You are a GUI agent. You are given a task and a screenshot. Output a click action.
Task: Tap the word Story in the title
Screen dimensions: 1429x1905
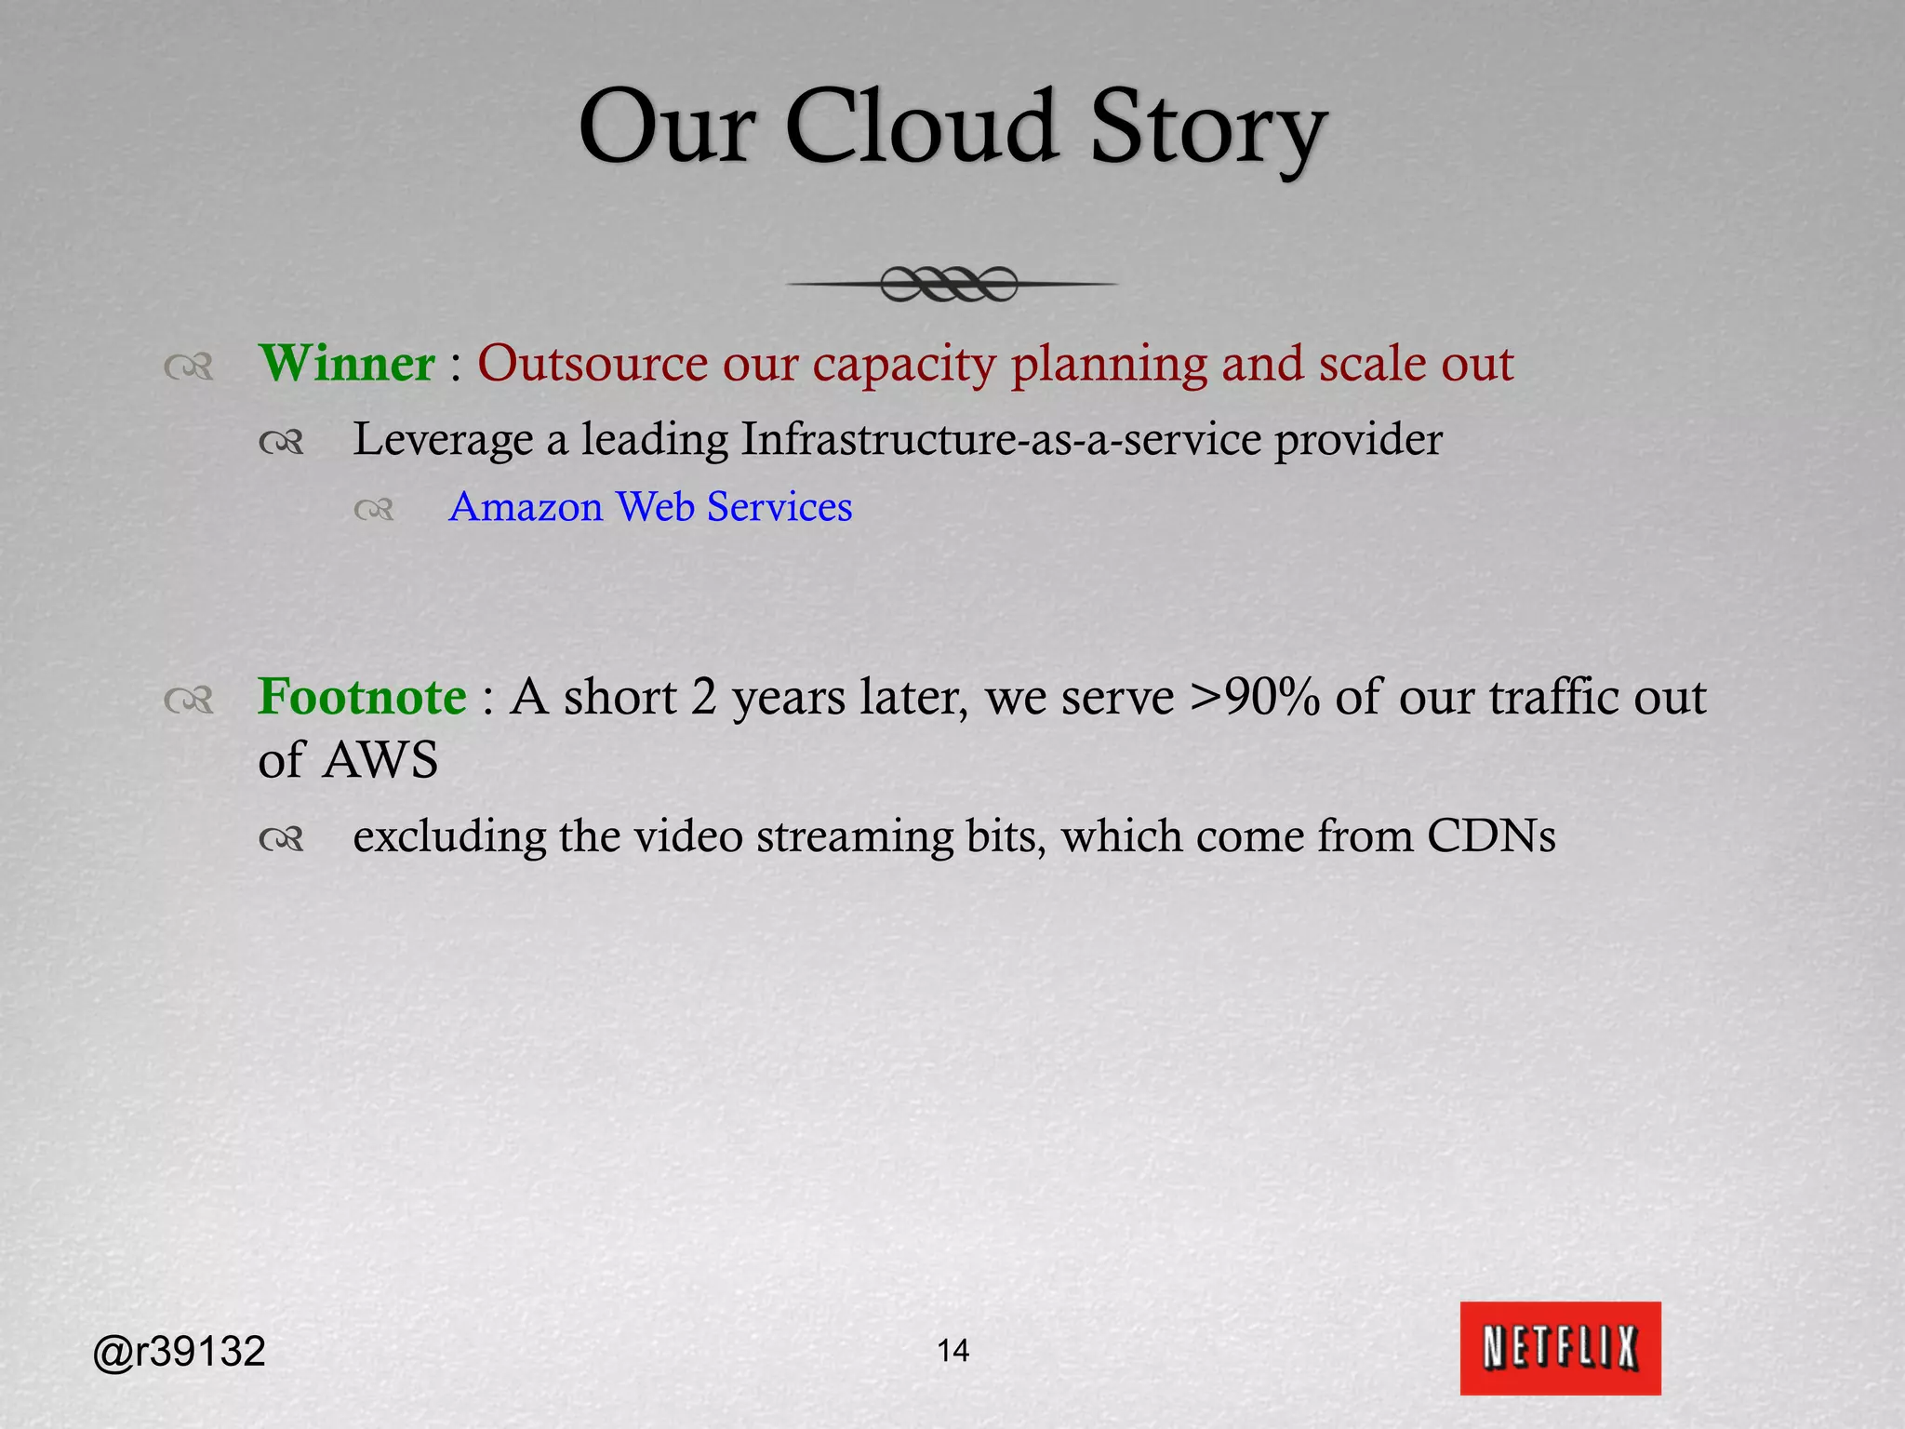click(x=1207, y=130)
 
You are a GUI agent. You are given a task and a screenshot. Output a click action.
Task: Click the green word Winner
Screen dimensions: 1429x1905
click(x=346, y=363)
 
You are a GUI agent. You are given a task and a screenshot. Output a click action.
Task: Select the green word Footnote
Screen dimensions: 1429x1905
click(x=362, y=696)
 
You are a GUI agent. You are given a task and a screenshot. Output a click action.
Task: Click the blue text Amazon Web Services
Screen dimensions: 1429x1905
click(x=650, y=507)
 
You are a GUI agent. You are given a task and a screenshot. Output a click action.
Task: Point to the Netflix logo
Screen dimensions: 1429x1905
click(x=1560, y=1348)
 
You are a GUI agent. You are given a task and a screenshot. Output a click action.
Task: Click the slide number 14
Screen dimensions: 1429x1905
click(x=952, y=1350)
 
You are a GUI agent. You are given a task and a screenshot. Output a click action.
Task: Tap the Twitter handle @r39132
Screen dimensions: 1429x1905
click(x=180, y=1351)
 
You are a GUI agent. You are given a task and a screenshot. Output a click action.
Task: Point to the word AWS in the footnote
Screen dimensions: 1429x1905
click(x=380, y=760)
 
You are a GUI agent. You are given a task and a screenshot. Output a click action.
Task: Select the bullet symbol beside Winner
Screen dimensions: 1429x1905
click(x=189, y=367)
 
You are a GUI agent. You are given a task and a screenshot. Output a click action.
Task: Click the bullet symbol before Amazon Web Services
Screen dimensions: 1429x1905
click(x=374, y=510)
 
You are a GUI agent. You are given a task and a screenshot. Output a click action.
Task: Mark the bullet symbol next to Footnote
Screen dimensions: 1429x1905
click(x=189, y=700)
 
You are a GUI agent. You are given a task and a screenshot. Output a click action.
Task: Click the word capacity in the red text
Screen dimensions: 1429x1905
click(x=904, y=365)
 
